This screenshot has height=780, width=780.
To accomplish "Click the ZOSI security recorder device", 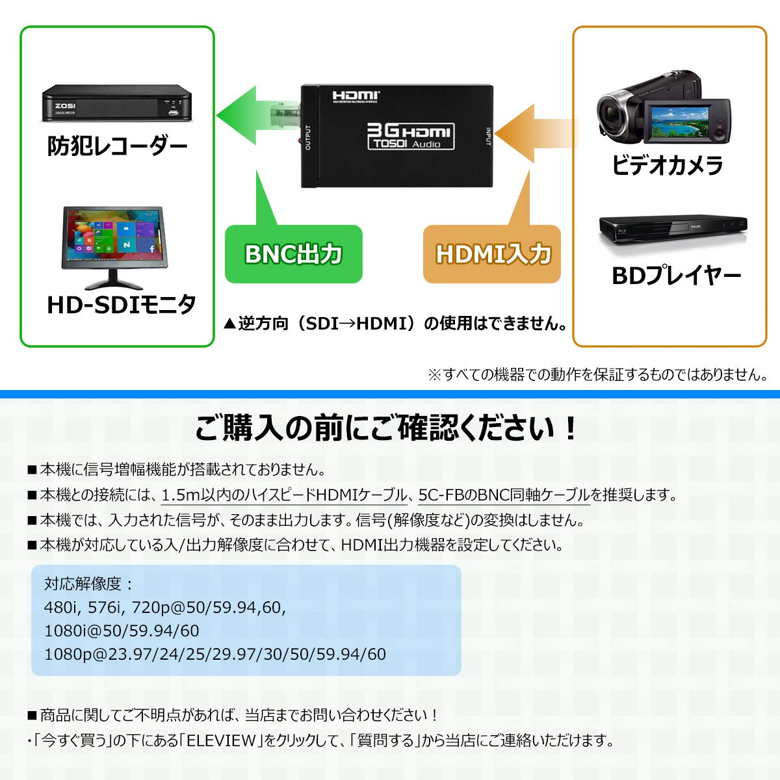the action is pos(116,103).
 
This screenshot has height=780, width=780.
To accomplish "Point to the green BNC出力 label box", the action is pos(293,253).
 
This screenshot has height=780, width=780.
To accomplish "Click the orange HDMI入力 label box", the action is pos(492,253).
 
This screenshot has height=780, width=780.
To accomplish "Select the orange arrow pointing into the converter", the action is pos(535,134).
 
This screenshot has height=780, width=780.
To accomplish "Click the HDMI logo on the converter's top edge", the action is pos(356,96).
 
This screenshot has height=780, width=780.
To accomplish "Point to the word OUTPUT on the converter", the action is pos(307,138).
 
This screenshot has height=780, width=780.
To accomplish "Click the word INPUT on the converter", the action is pos(488,136).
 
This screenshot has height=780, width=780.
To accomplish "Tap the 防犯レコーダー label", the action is pos(118,146).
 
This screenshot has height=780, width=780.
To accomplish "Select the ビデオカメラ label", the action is pos(667,164).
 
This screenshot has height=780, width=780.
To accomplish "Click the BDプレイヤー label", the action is pos(676,275).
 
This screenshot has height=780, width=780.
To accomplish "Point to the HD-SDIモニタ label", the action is pos(122,304).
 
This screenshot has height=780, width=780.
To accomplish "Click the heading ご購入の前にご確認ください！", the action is pos(387,428).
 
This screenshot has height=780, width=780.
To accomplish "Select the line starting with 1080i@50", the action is pos(122,630).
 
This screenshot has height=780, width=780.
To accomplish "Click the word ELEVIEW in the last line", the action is pos(221,741).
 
